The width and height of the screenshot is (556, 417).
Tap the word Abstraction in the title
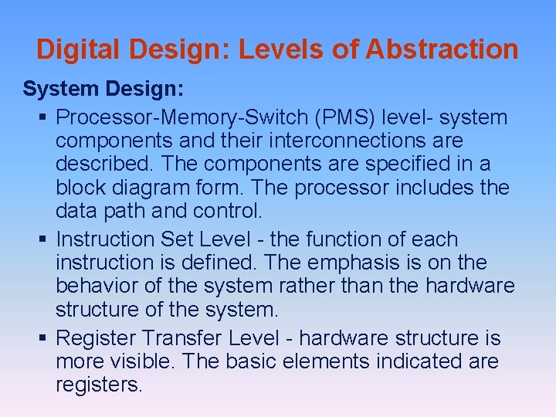point(442,49)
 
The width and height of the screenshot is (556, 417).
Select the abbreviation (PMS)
point(339,118)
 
